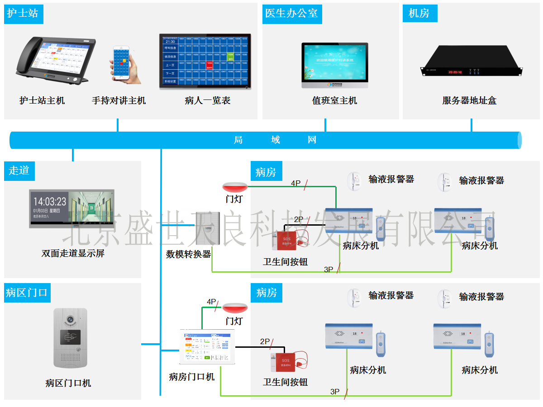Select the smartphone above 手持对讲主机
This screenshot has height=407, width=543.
pos(122,63)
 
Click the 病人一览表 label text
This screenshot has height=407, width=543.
pos(208,100)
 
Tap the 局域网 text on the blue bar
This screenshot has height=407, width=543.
pos(275,140)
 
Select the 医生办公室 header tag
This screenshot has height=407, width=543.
pos(291,13)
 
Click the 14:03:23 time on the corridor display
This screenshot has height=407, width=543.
pos(50,202)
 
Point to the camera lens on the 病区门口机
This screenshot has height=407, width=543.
pos(70,319)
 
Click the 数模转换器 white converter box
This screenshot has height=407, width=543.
pos(207,229)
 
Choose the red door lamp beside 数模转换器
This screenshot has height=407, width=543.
pos(234,186)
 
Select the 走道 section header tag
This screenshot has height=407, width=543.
pos(19,170)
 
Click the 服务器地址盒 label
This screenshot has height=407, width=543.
pos(469,100)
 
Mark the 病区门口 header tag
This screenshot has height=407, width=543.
pos(27,293)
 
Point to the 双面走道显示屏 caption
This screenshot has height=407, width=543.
pos(73,253)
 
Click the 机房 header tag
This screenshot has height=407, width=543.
pos(419,13)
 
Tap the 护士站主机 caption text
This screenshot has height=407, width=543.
pos(42,100)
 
